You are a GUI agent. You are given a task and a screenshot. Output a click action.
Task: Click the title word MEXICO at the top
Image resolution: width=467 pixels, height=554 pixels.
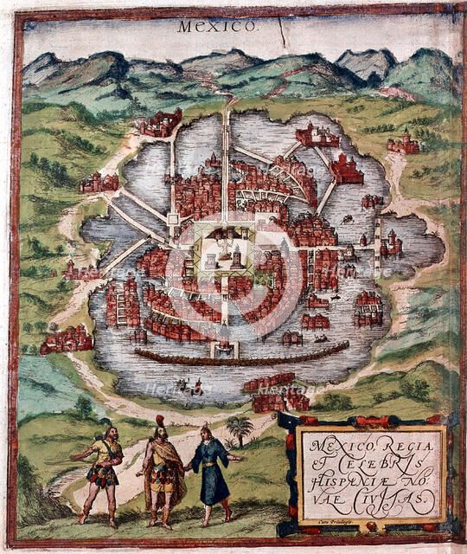click(x=217, y=26)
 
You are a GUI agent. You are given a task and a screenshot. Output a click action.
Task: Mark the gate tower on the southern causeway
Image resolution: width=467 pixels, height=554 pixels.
click(x=224, y=342)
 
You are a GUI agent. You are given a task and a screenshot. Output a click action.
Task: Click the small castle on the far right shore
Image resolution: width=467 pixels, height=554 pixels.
click(x=404, y=143)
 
